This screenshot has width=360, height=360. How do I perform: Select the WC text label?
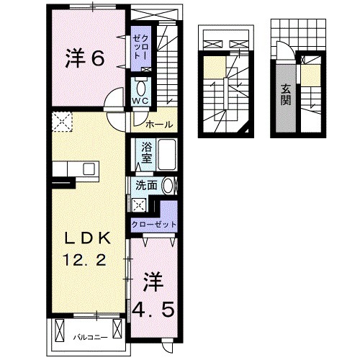coord(139,100)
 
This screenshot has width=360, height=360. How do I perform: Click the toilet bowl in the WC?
coord(140,86)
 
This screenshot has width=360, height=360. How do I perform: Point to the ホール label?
coord(158,125)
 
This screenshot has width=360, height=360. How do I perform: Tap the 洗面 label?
coord(147,186)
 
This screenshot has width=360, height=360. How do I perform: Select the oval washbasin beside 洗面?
coord(168,185)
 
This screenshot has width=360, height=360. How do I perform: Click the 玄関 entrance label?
coord(286,92)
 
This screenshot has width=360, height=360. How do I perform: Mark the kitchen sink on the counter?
coord(89,170)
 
